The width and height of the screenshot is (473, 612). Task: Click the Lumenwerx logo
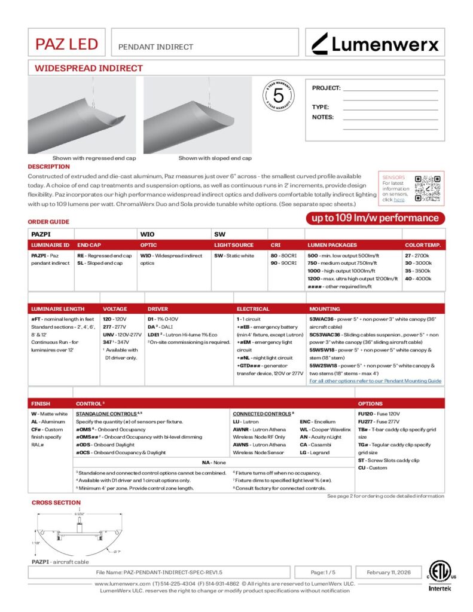pyautogui.click(x=376, y=43)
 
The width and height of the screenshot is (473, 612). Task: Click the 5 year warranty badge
pyautogui.click(x=278, y=96)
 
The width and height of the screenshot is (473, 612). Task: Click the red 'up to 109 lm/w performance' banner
pyautogui.click(x=375, y=218)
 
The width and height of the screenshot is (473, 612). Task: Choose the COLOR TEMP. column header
pyautogui.click(x=423, y=245)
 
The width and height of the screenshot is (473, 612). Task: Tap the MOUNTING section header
pyautogui.click(x=325, y=309)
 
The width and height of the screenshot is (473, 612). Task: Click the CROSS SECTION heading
pyautogui.click(x=56, y=503)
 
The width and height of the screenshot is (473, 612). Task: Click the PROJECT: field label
pyautogui.click(x=326, y=88)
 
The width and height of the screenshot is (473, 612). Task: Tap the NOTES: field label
pyautogui.click(x=323, y=117)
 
